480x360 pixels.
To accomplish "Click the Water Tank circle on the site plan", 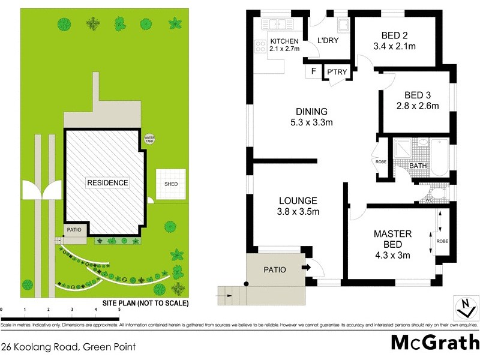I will tap(149, 139).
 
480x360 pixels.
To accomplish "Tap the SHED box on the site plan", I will tap(171, 185).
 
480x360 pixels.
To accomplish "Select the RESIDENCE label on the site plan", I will tap(107, 182).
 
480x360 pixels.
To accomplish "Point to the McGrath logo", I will tap(434, 342).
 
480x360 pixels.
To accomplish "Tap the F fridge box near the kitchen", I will tap(313, 72).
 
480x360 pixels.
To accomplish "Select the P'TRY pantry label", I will tap(336, 73).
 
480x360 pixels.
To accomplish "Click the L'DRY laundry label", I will tap(328, 41).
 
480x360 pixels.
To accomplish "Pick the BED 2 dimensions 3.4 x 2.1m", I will tap(395, 46).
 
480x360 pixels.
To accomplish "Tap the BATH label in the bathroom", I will tap(418, 166).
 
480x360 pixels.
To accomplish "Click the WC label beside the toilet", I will tap(429, 200).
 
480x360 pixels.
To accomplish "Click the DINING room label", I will tap(311, 112).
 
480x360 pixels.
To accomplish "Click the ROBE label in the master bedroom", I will tap(442, 241).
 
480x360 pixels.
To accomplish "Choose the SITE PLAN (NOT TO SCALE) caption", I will tap(145, 304).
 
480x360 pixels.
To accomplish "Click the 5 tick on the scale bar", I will tap(119, 310).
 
